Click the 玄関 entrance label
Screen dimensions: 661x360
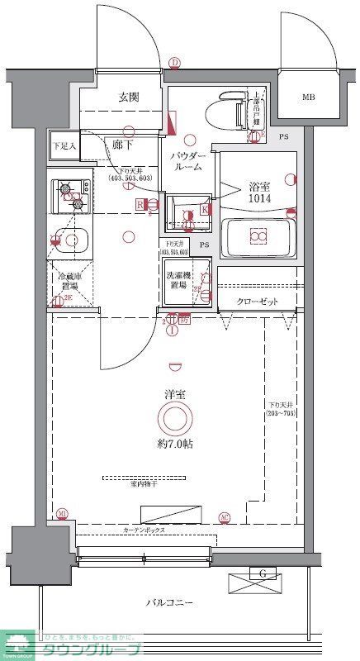[x=128, y=97]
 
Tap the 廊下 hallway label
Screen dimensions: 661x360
[x=124, y=143]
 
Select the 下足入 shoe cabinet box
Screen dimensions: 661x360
[x=64, y=145]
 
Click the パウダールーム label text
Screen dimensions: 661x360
[x=189, y=161]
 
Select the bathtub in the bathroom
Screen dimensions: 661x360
[x=258, y=237]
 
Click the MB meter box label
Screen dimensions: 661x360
[x=308, y=97]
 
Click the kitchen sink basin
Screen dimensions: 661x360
[x=72, y=240]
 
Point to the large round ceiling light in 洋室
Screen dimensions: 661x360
[x=174, y=419]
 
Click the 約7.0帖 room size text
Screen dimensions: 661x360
[x=174, y=444]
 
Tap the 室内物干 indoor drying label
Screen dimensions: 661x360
[x=144, y=485]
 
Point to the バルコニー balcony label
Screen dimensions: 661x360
[x=171, y=604]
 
